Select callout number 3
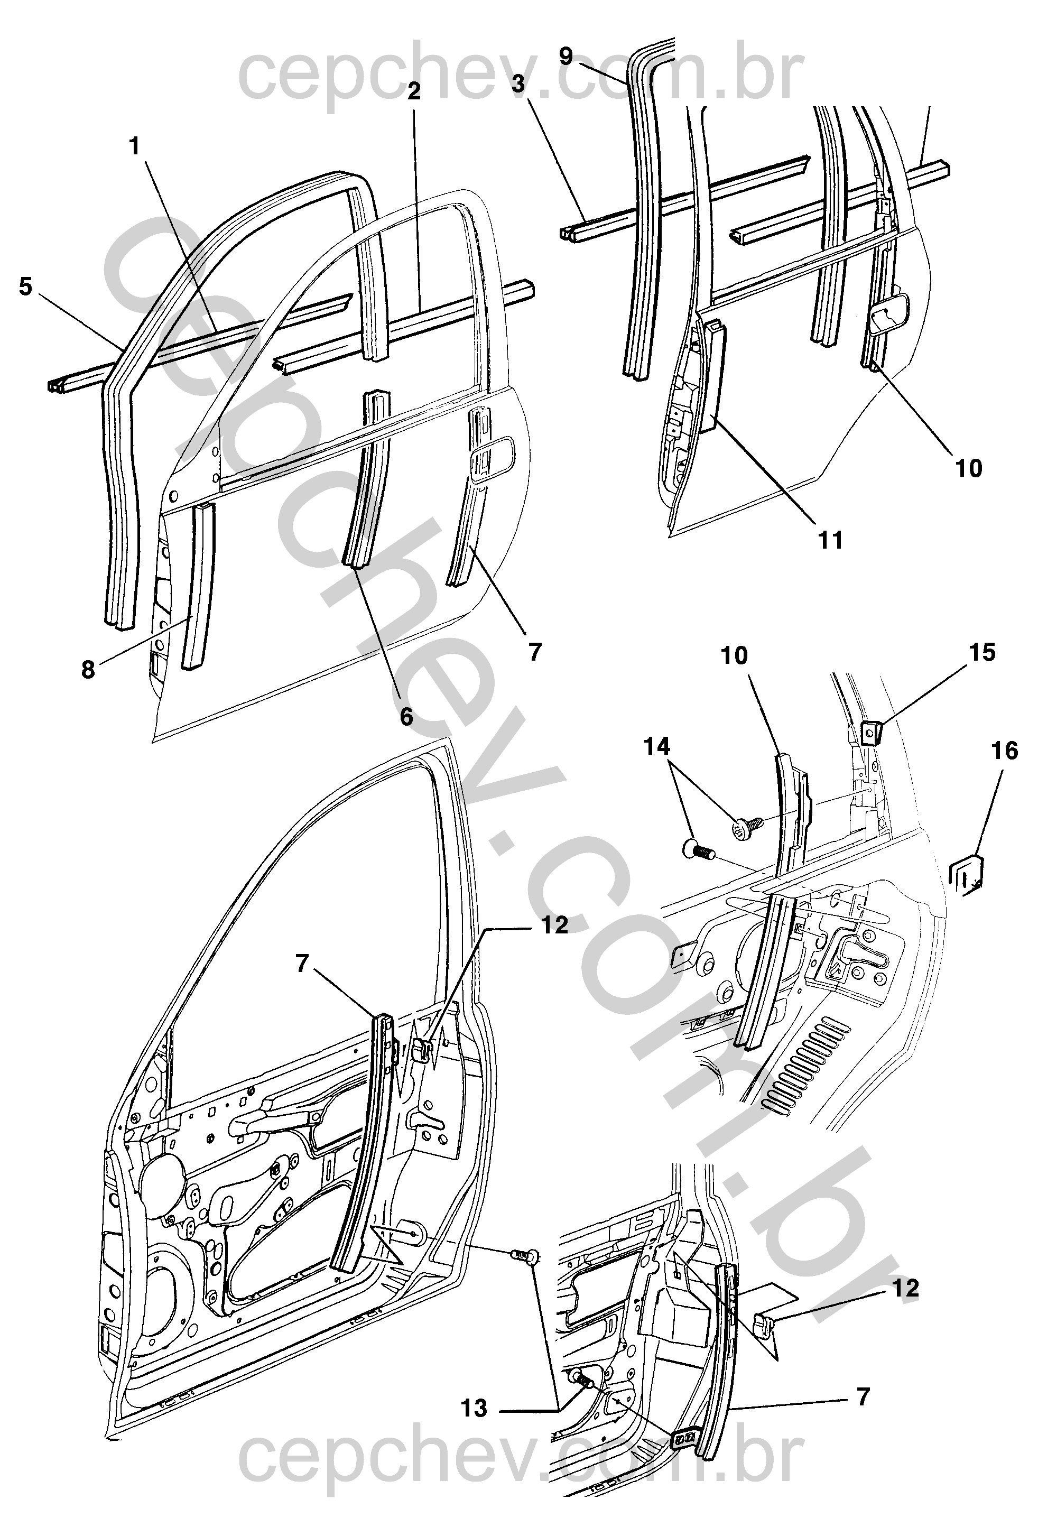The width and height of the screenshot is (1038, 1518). coord(518,85)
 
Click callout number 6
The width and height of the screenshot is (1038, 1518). coord(406,717)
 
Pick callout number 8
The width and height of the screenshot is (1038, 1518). coord(88,670)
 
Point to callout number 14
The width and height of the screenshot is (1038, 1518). coord(657,746)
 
